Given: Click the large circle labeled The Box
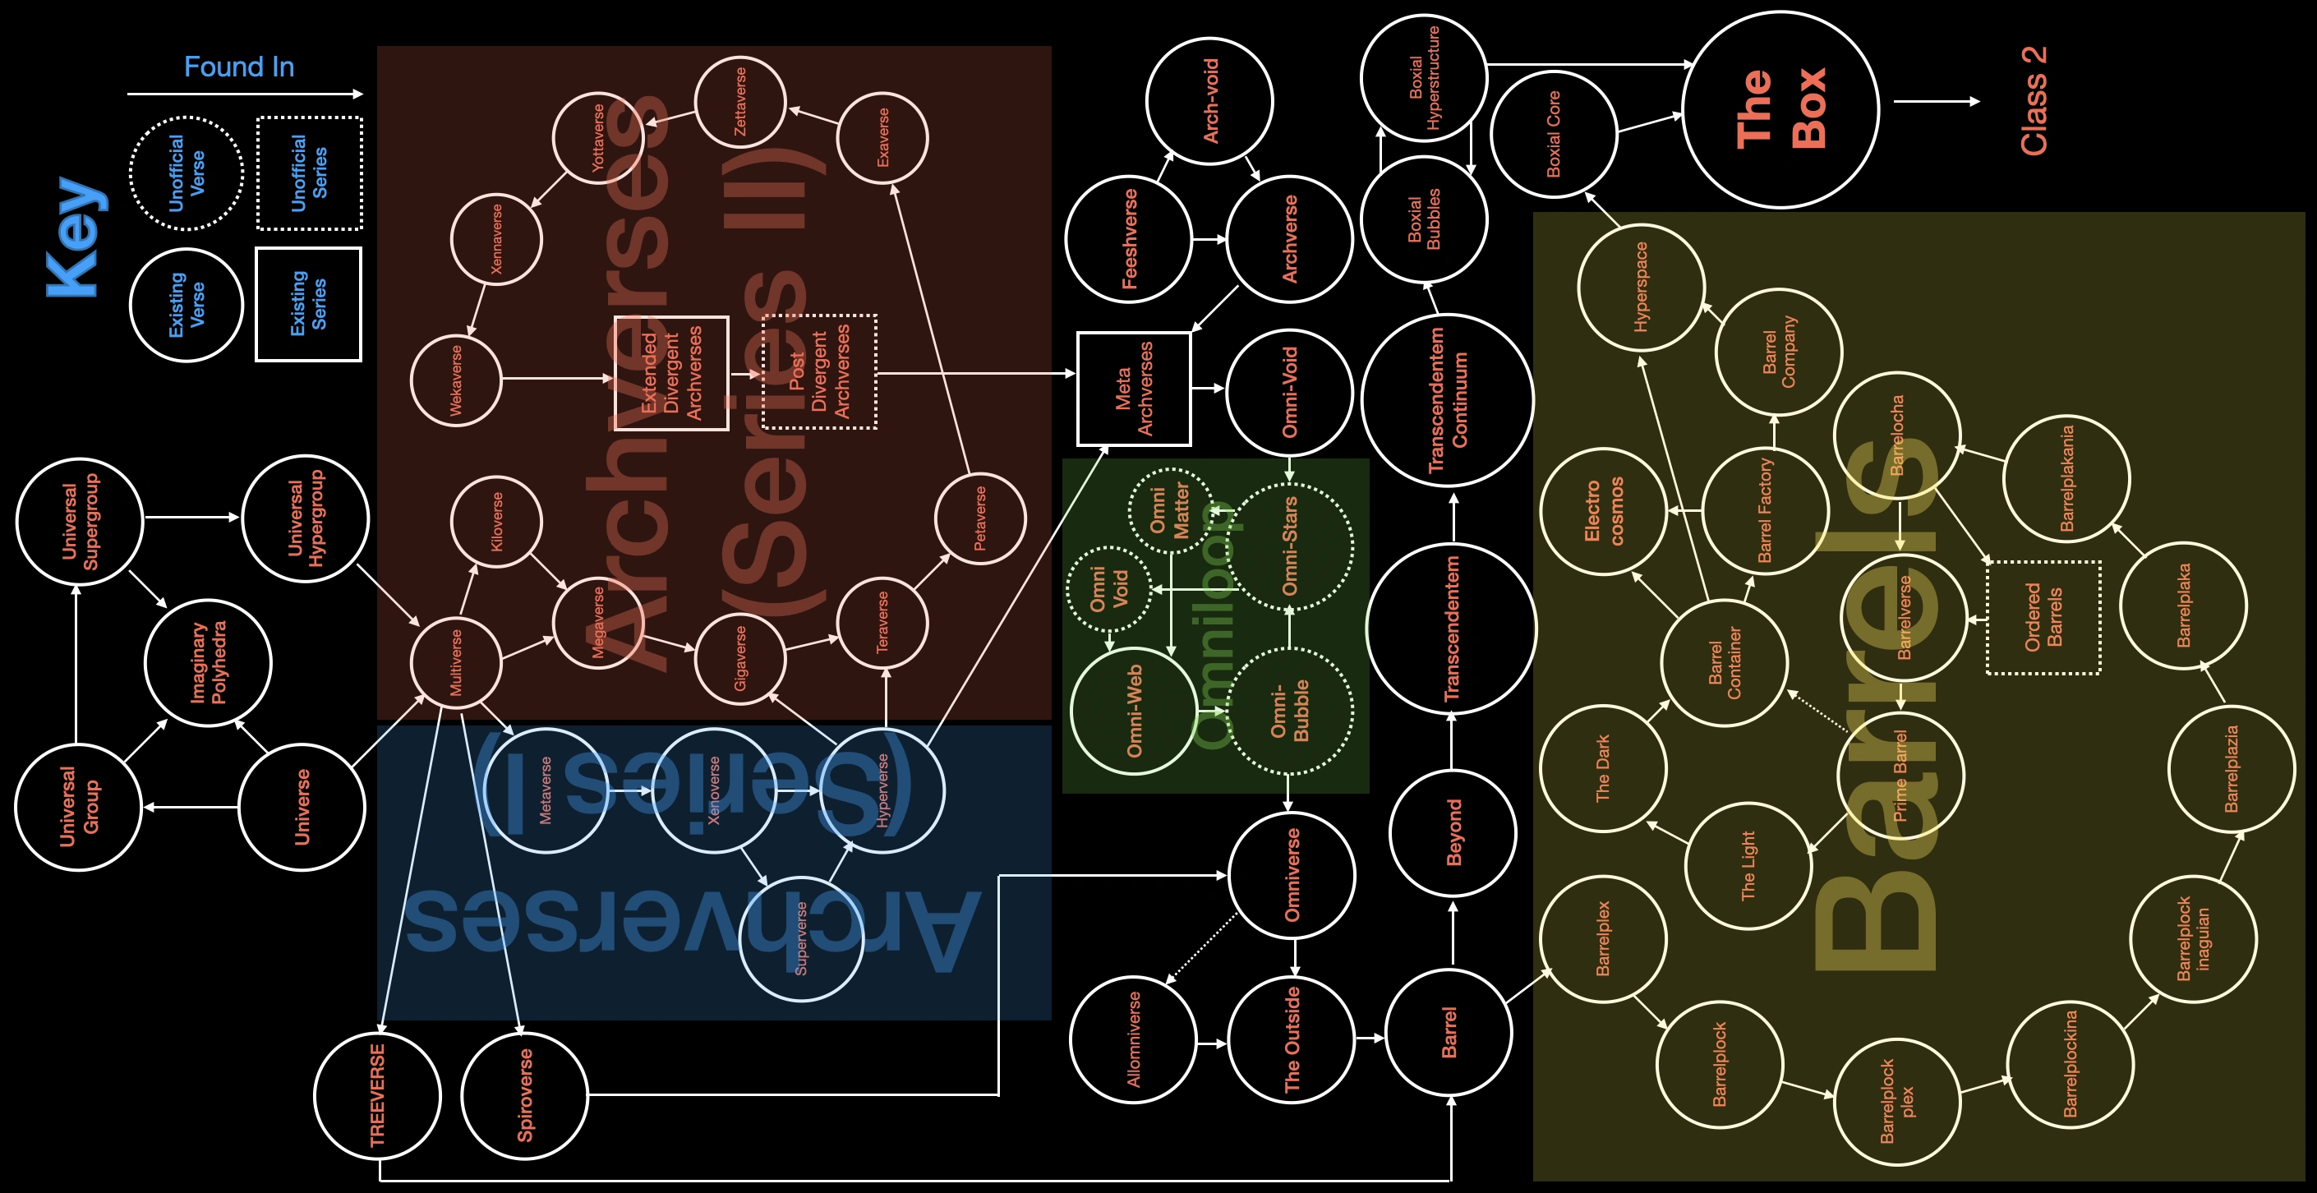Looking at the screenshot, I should pos(1780,110).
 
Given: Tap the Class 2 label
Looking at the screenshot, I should pos(2033,101).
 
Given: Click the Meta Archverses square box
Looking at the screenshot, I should pos(1134,389).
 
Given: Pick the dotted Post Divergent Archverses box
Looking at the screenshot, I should pos(819,371).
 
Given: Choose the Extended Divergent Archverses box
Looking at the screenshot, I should pos(671,373).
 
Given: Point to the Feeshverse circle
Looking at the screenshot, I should pos(1129,239).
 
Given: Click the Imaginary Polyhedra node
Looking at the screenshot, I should pos(208,663).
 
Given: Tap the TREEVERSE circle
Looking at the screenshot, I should pos(378,1096).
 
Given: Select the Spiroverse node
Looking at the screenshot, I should pos(524,1096).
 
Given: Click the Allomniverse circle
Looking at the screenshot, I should pos(1133,1039).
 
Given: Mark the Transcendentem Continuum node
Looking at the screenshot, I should pos(1448,400).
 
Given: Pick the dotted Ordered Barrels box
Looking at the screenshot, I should pos(2043,618).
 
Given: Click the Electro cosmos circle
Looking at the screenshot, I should pos(1604,511).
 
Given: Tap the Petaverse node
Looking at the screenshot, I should pos(980,518).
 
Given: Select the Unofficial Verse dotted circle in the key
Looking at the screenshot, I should pos(187,173).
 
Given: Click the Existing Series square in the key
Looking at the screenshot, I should pos(308,304).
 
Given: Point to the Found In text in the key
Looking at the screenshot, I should pos(239,67).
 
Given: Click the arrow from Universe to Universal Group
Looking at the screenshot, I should pos(191,807).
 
